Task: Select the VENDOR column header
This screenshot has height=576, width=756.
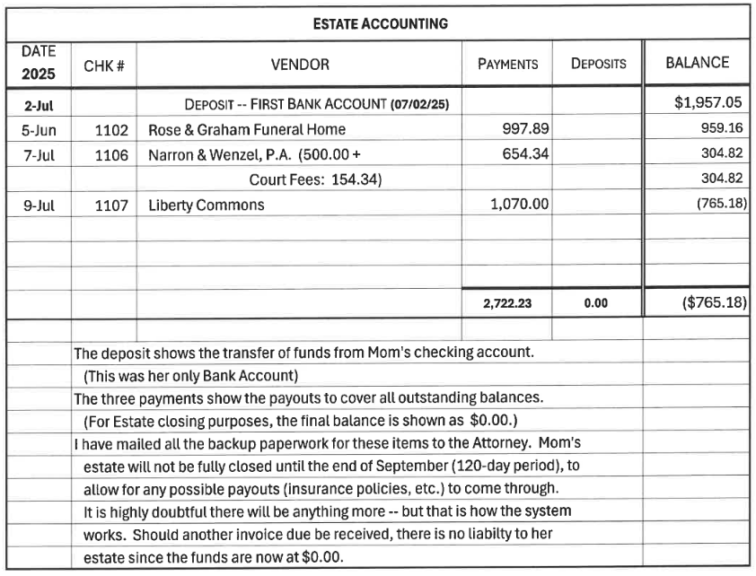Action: point(300,65)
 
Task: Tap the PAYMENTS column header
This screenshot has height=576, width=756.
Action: point(507,65)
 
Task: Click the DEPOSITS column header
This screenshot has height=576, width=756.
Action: point(598,65)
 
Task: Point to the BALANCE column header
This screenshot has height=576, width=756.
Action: point(697,64)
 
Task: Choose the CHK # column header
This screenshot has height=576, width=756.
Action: point(103,65)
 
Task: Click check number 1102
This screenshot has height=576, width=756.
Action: point(111,129)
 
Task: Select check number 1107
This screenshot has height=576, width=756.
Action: point(111,205)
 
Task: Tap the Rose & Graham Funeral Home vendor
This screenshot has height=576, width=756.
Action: point(246,129)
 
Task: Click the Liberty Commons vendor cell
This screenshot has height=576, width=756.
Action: point(206,205)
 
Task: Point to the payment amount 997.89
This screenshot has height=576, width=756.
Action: point(525,129)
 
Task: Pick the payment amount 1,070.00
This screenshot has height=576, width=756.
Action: point(519,205)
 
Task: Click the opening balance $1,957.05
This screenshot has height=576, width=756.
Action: point(710,103)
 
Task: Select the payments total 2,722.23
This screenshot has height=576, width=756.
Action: point(507,303)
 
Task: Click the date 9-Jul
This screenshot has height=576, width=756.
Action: point(39,205)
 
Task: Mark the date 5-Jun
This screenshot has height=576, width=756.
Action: point(39,129)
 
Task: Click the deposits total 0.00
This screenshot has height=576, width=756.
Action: point(595,303)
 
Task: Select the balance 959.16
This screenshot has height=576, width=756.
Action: point(724,128)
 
